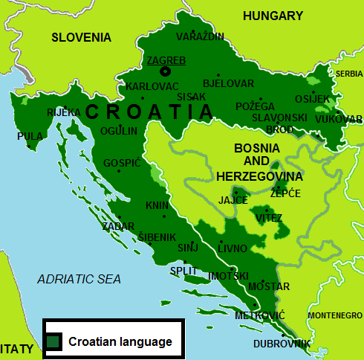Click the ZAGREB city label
tap(166, 60)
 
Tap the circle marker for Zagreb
tap(166, 71)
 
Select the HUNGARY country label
tap(273, 16)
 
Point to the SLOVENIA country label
tap(81, 37)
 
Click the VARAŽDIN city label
tap(199, 36)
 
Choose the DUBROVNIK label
tap(282, 344)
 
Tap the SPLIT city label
tap(183, 271)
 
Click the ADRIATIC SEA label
tap(79, 279)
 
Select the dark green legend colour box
tap(53, 341)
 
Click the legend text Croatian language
tap(120, 342)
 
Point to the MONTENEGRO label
tap(334, 315)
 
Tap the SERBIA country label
tap(349, 74)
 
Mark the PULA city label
tap(30, 136)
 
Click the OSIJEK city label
tap(312, 99)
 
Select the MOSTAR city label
tap(268, 286)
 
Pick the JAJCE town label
tap(233, 200)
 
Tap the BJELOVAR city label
tap(228, 83)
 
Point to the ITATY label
tap(16, 348)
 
